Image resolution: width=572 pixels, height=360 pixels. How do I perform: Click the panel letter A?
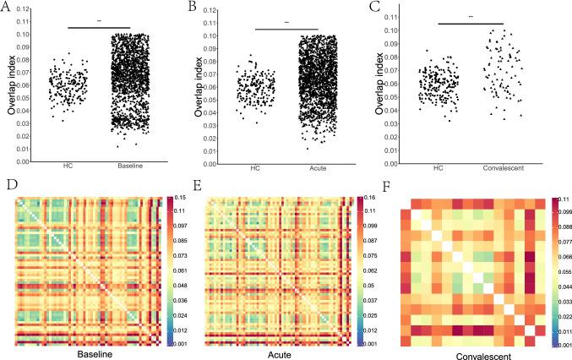pos(8,8)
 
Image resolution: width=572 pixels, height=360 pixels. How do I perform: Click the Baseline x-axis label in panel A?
pos(130,166)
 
